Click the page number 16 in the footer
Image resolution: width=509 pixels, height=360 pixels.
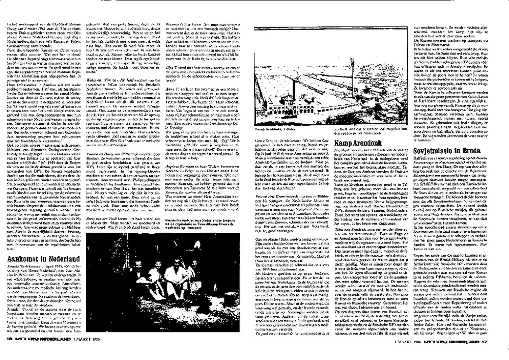tap(9, 352)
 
